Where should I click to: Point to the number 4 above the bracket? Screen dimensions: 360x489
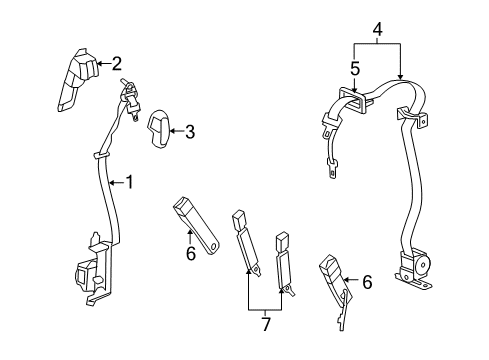376,32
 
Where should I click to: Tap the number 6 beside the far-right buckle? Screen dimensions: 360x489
367,284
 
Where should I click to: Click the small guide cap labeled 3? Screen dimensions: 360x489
162,127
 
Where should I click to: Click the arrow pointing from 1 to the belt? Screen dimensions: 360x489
113,182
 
